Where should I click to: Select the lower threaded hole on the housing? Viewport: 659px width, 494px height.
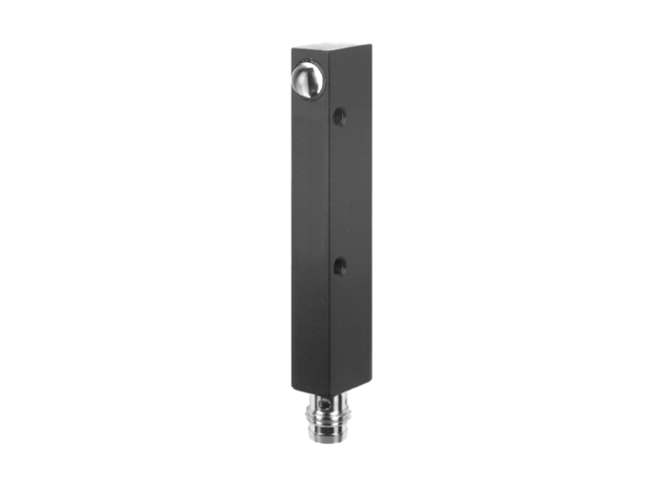340,266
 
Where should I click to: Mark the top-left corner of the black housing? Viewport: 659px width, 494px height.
293,48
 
